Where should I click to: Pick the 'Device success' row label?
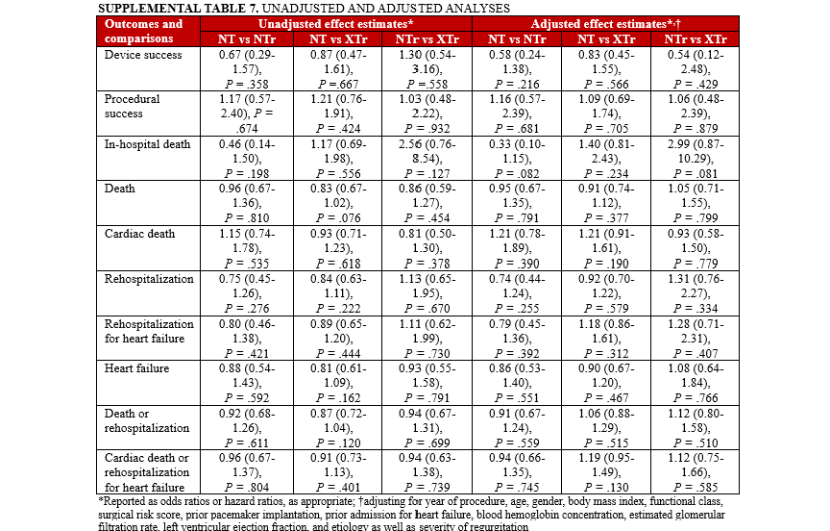(x=140, y=54)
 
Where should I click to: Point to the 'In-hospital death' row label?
(x=146, y=144)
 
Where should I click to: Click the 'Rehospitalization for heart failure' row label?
(x=148, y=332)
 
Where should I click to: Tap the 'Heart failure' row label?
(x=136, y=367)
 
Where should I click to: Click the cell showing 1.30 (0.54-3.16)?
(x=427, y=68)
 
